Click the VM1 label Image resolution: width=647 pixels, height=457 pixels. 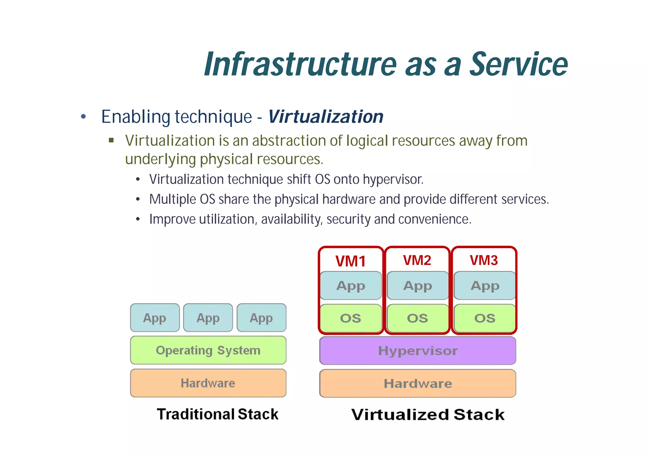pos(350,261)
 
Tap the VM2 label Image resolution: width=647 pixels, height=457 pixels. pos(417,260)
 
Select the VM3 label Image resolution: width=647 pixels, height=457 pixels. pos(484,260)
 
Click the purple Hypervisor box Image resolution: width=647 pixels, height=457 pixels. pos(418,351)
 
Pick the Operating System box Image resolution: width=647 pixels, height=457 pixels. pos(208,350)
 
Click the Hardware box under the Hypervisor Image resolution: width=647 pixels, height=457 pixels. pos(418,383)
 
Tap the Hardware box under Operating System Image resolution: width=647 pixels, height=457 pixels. pos(208,383)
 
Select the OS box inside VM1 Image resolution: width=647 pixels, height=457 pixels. pos(351,318)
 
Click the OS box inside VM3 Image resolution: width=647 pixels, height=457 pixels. pos(485,318)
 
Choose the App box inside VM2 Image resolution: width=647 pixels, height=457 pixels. pos(418,286)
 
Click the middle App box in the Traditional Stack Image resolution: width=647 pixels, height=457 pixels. pos(208,318)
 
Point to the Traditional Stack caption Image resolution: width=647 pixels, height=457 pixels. pos(217,414)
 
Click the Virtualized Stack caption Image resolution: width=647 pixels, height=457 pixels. pos(428,414)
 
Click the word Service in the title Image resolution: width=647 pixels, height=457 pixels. pos(518,64)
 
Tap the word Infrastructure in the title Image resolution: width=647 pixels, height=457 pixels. pos(300,64)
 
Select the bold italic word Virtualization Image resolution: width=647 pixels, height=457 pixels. pos(326,117)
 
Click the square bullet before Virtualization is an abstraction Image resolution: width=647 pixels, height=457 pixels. pos(111,140)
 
